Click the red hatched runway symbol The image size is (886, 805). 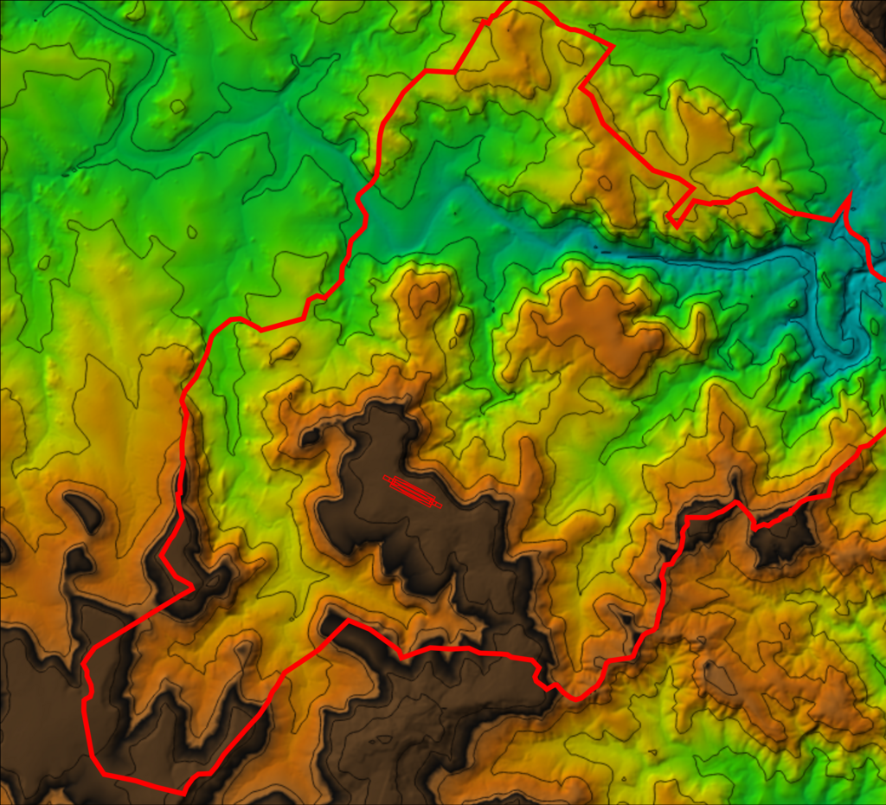(x=413, y=491)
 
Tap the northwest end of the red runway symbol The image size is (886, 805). (x=386, y=477)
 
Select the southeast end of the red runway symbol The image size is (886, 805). (x=440, y=506)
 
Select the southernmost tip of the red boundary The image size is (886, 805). (x=183, y=792)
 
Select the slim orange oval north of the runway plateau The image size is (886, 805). (x=460, y=325)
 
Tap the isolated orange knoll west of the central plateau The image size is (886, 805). (x=285, y=350)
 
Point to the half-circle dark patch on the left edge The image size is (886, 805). (x=4, y=550)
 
